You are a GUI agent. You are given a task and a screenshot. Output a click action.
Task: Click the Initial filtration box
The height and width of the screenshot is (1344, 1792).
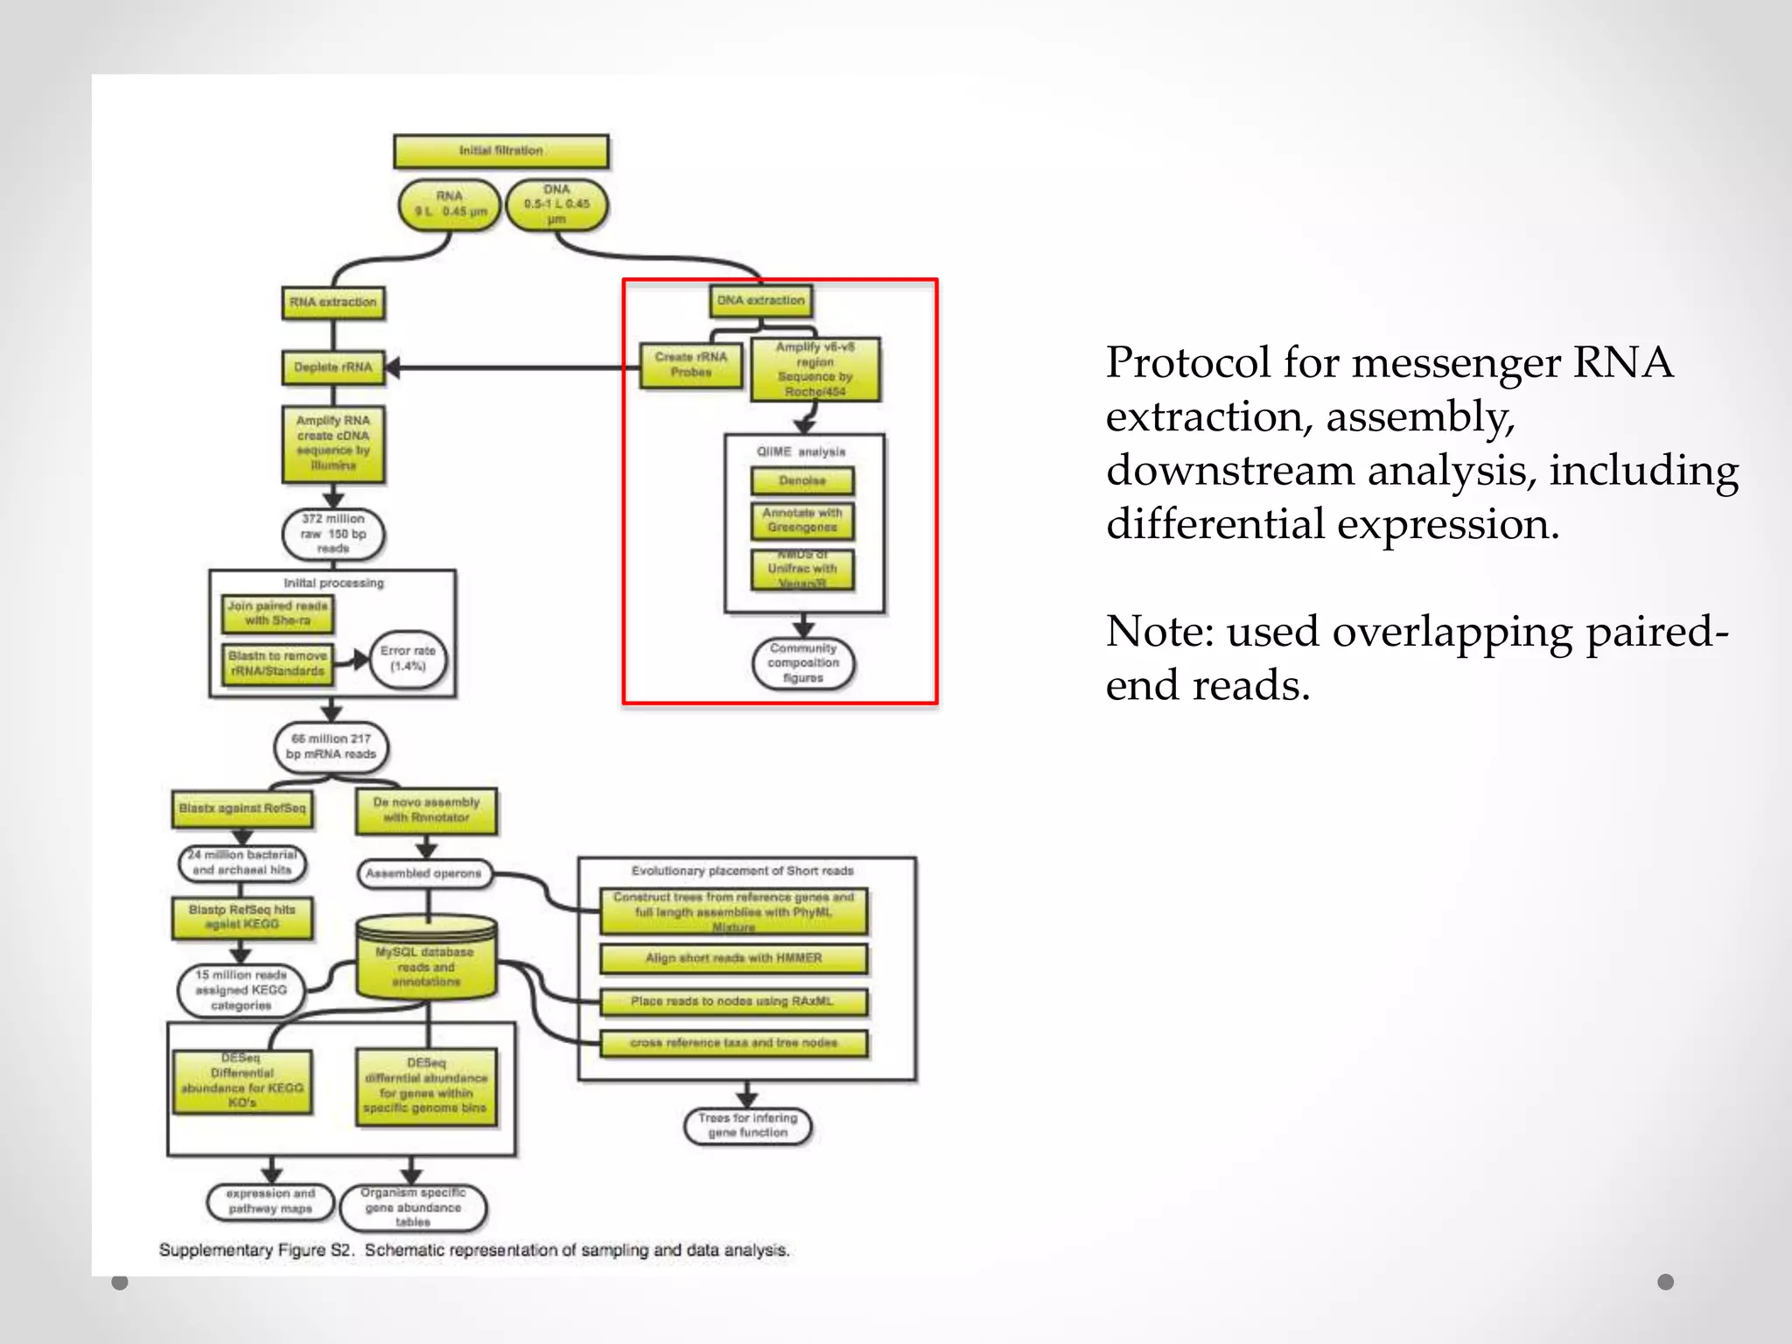pyautogui.click(x=500, y=151)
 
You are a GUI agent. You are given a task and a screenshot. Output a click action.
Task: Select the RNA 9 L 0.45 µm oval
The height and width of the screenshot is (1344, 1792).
pyautogui.click(x=450, y=205)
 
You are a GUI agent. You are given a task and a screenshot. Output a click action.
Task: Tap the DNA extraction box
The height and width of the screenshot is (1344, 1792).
pyautogui.click(x=760, y=301)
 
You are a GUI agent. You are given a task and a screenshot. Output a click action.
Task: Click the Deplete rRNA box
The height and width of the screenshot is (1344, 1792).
pyautogui.click(x=332, y=367)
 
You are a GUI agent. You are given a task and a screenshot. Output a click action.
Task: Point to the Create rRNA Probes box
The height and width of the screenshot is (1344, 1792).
pyautogui.click(x=690, y=365)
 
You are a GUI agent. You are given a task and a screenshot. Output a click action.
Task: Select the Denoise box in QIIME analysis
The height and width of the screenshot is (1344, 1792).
pyautogui.click(x=802, y=481)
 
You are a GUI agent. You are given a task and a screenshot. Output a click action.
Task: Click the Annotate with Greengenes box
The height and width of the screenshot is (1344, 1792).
pyautogui.click(x=802, y=521)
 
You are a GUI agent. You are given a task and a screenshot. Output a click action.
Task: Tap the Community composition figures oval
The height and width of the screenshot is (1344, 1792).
pyautogui.click(x=803, y=663)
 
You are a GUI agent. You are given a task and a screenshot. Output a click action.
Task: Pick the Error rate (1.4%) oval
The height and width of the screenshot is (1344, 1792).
pyautogui.click(x=408, y=659)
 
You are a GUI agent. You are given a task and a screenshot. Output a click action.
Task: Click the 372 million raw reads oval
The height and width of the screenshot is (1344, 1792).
pyautogui.click(x=332, y=534)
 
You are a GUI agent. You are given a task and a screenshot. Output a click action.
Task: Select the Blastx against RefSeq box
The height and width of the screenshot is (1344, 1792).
pyautogui.click(x=242, y=809)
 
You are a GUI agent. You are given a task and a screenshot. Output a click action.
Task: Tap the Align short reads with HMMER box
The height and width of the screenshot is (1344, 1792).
pyautogui.click(x=733, y=958)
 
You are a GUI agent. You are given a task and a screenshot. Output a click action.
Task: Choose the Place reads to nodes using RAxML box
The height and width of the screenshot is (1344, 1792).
pyautogui.click(x=733, y=1002)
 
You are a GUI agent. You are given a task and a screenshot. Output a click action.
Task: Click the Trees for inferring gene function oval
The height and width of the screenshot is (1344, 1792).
pyautogui.click(x=747, y=1125)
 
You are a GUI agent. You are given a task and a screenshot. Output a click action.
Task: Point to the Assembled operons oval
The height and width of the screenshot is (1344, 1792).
pyautogui.click(x=424, y=873)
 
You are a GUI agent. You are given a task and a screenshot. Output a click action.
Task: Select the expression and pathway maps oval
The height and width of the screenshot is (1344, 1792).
pyautogui.click(x=270, y=1201)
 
